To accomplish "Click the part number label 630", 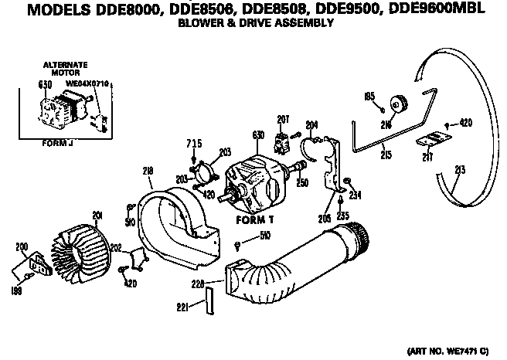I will [x=258, y=136].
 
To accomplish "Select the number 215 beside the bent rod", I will [x=386, y=155].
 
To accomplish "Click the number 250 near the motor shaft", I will [x=303, y=182].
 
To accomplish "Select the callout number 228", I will [x=199, y=285].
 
